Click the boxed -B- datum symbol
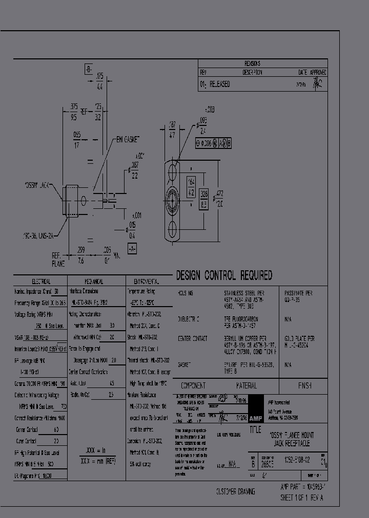(x=88, y=70)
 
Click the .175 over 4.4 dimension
(x=99, y=81)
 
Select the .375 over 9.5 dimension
(x=74, y=112)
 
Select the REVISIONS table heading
(x=252, y=64)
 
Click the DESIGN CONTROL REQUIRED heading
(x=224, y=276)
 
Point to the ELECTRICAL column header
(x=41, y=282)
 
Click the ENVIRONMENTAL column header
(x=146, y=282)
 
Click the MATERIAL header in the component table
(x=246, y=385)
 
